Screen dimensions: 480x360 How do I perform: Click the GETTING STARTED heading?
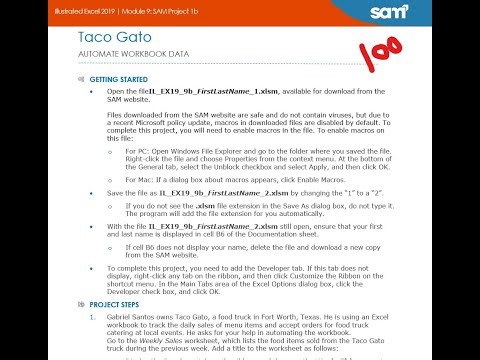[118, 78]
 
